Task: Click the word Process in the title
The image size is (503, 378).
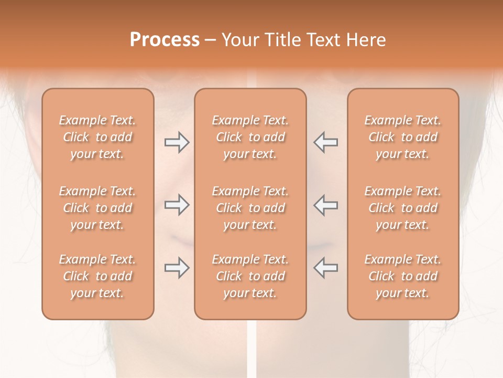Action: pos(165,40)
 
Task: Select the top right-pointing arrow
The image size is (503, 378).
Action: pos(177,142)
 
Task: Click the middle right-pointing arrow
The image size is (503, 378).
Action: pos(177,205)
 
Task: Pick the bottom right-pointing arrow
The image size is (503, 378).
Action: pos(177,268)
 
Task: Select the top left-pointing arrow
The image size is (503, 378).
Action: pos(325,142)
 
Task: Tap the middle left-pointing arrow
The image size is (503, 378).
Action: pos(325,205)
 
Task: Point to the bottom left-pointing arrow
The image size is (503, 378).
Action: pos(325,268)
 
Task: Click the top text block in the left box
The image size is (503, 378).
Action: pos(97,137)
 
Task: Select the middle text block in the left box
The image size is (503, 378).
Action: pos(97,208)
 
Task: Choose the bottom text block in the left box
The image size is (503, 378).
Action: pos(97,276)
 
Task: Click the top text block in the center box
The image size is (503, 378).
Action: pos(250,137)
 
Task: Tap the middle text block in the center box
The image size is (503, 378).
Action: pos(250,208)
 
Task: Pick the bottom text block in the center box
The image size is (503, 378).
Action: pos(250,276)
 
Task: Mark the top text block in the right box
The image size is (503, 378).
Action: pos(403,137)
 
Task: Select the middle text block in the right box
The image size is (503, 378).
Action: pos(403,208)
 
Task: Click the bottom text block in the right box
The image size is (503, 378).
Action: pos(403,276)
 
